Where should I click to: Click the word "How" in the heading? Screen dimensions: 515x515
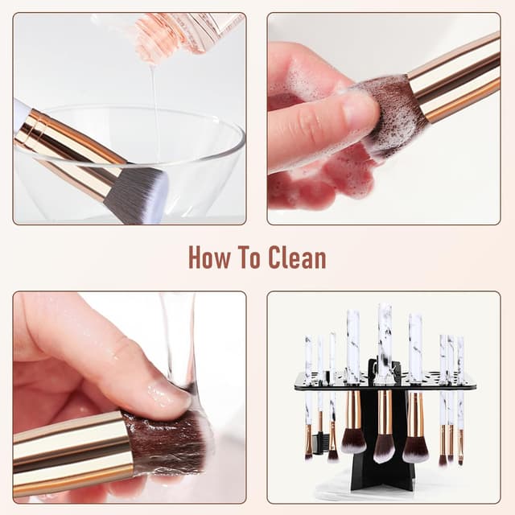coord(209,257)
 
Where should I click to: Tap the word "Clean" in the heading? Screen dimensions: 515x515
coord(297,257)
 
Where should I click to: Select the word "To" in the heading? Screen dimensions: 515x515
coord(249,257)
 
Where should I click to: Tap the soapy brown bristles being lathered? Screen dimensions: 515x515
coord(388,112)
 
